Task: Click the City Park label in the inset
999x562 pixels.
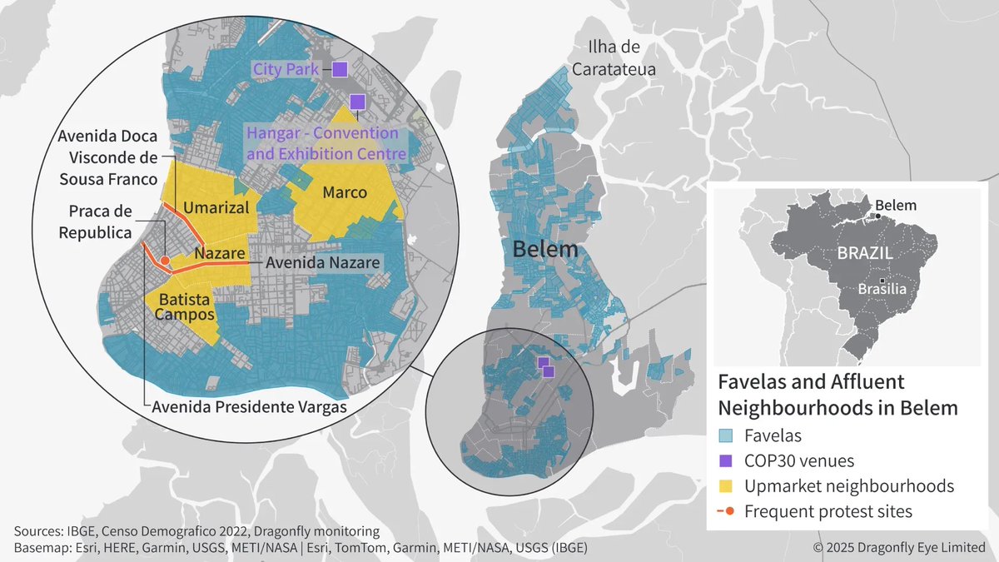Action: point(286,70)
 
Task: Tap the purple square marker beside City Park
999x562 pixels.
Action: point(340,70)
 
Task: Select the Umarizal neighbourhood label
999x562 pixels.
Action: point(216,207)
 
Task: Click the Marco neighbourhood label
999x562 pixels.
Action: point(345,192)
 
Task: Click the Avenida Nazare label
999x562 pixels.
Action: point(322,262)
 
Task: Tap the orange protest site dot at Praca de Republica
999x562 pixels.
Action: point(165,261)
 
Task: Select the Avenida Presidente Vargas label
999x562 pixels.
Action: point(249,406)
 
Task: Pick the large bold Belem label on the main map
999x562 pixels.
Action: point(545,249)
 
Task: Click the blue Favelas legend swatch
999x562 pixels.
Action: point(726,434)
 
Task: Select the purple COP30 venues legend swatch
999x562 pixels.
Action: point(726,460)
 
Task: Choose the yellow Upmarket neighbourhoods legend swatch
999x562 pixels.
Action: point(726,485)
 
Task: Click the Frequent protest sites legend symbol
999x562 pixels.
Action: point(726,511)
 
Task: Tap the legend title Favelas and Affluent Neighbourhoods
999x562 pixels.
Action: point(837,395)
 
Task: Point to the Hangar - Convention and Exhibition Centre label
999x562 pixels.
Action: point(326,143)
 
